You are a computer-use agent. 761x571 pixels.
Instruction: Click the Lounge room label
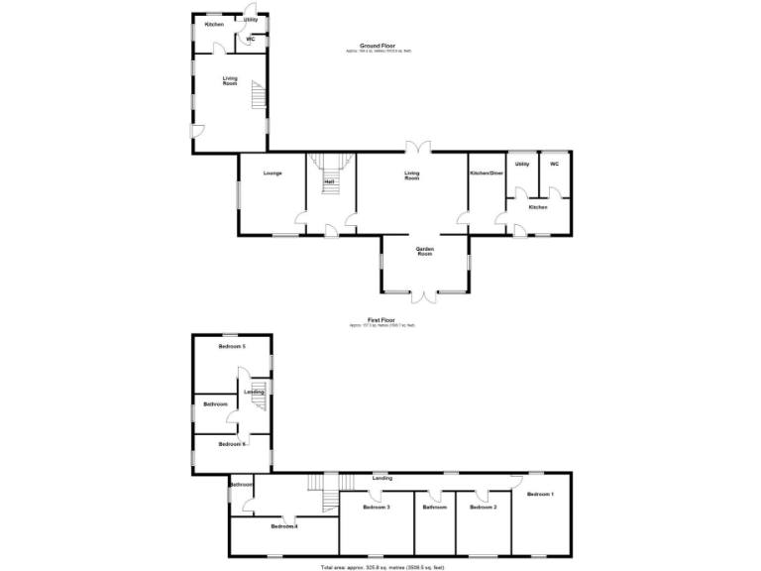click(x=272, y=173)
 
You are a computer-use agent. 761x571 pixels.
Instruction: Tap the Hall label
click(x=328, y=181)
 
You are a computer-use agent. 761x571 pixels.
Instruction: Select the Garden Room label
click(x=425, y=251)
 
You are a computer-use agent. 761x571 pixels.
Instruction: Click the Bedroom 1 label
click(x=540, y=494)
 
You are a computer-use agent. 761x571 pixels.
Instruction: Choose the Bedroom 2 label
click(x=483, y=507)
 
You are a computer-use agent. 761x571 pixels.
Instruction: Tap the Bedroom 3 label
click(x=376, y=507)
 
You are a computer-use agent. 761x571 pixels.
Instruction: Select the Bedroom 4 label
click(x=284, y=526)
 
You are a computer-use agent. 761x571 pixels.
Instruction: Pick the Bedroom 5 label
click(x=232, y=346)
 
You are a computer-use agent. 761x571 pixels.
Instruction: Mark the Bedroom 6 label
click(x=232, y=444)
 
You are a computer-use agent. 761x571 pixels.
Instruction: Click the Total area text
click(x=381, y=567)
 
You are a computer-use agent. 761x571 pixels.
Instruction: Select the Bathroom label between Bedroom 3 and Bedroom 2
click(x=434, y=507)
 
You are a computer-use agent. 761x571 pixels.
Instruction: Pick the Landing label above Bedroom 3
click(x=381, y=478)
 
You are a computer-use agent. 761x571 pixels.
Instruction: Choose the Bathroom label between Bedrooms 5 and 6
click(x=215, y=404)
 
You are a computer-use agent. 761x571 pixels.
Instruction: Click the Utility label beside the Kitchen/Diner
click(x=522, y=164)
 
